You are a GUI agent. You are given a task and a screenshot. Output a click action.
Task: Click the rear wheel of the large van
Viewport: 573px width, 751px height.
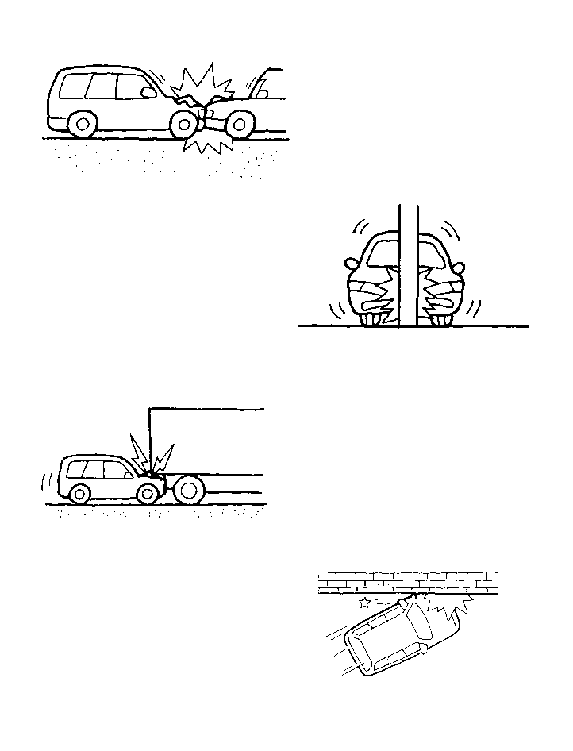tap(83, 124)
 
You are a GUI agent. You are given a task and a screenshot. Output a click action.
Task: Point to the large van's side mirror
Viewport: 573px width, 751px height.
tap(148, 92)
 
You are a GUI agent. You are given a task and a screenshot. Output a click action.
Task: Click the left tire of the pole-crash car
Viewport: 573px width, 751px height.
tap(371, 320)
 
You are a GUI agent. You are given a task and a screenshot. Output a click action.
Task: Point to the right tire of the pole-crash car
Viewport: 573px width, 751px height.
tap(440, 320)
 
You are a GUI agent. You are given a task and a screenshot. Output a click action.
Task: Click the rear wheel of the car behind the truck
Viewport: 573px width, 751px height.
tap(79, 494)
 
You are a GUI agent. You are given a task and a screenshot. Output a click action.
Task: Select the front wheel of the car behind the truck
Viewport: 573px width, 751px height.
tap(147, 494)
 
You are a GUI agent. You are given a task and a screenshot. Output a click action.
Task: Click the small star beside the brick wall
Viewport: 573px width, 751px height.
tap(364, 603)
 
